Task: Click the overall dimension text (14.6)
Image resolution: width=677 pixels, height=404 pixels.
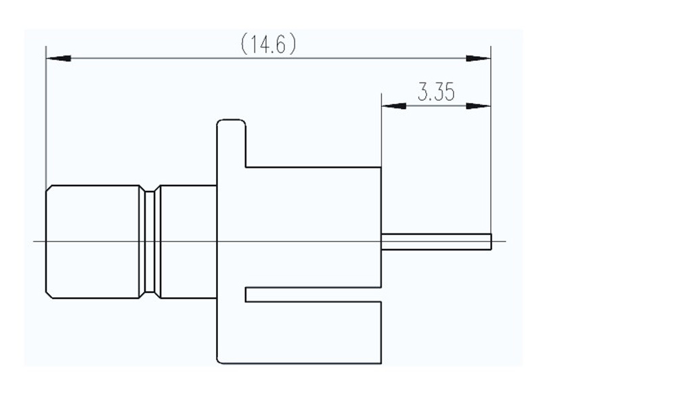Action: click(269, 45)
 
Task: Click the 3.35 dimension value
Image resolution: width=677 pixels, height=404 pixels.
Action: click(435, 93)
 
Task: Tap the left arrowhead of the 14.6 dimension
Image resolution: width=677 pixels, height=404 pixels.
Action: click(58, 59)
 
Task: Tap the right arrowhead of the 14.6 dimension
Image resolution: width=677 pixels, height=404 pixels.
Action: click(478, 59)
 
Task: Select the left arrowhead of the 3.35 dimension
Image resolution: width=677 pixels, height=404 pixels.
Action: click(394, 106)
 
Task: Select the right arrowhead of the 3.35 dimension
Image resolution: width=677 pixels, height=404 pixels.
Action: click(478, 106)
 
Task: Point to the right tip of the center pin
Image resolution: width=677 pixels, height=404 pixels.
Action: click(490, 242)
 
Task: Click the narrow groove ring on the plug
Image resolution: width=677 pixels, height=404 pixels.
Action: click(150, 242)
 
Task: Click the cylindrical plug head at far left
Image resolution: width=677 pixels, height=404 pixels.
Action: click(93, 242)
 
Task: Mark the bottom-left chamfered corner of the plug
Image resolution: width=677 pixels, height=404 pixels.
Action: click(49, 294)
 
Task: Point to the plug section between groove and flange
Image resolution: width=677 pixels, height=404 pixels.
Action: click(188, 242)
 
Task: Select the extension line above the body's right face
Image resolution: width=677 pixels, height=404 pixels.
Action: click(381, 132)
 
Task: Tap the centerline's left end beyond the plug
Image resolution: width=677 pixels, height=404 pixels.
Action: click(38, 242)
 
